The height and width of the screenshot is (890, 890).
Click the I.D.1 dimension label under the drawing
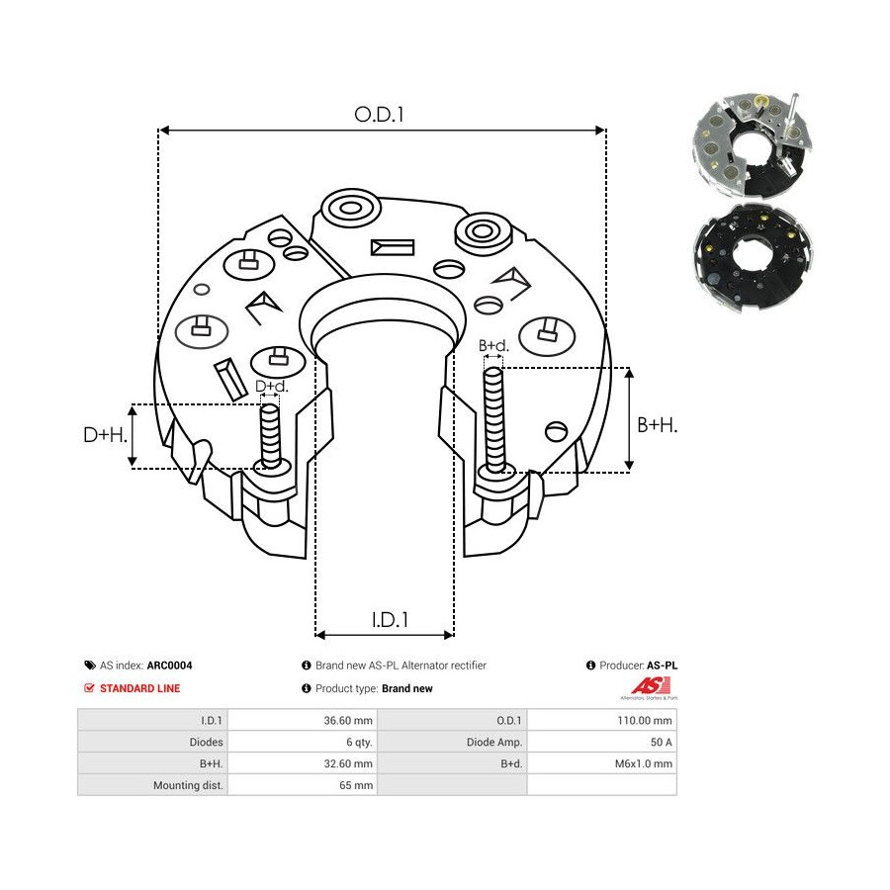coord(391,620)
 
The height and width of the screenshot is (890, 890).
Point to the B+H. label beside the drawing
coord(657,424)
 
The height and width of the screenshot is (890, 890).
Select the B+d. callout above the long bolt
coord(493,345)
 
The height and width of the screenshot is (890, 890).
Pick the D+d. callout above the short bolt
coord(270,386)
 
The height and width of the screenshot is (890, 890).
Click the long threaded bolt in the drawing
coord(494,415)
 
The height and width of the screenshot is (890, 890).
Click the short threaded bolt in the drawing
coord(270,435)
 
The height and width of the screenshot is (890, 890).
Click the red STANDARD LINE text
coord(139,688)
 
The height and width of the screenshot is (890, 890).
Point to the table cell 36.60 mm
coord(350,721)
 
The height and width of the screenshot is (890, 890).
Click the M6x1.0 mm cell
coord(643,763)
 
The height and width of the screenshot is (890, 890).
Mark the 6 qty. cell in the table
coord(356,742)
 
